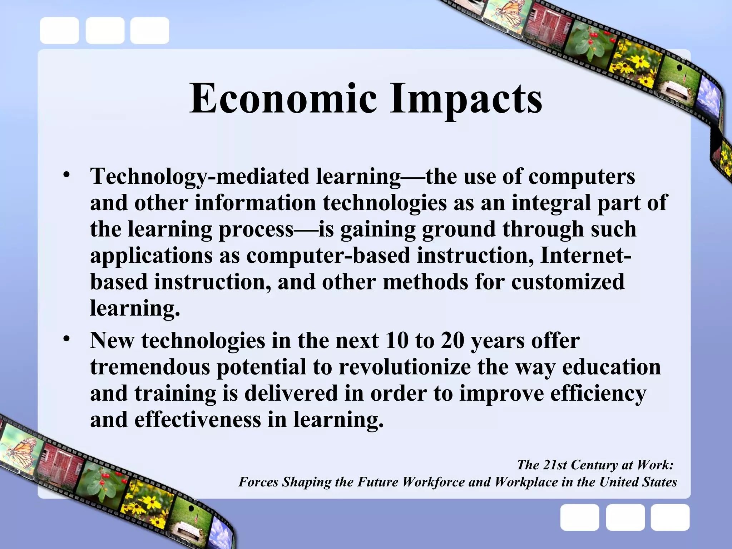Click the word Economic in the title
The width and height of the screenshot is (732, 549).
tap(283, 98)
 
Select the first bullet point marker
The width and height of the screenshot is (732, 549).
tap(66, 175)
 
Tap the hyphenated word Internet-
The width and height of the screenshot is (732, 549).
tap(585, 255)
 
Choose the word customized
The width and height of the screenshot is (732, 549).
tap(568, 282)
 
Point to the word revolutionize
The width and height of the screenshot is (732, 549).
tap(404, 367)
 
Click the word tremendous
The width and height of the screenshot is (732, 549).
tap(150, 367)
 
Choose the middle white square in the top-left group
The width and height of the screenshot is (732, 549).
tap(105, 31)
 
